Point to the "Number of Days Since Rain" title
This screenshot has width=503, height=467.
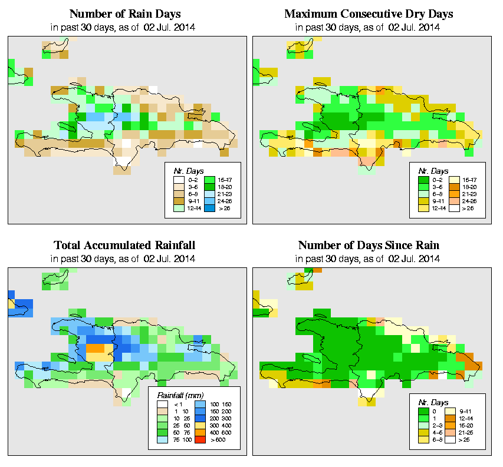point(369,245)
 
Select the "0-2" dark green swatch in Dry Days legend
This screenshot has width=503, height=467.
point(423,178)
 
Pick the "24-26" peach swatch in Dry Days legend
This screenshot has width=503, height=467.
point(455,200)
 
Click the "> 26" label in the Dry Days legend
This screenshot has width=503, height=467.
point(469,208)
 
